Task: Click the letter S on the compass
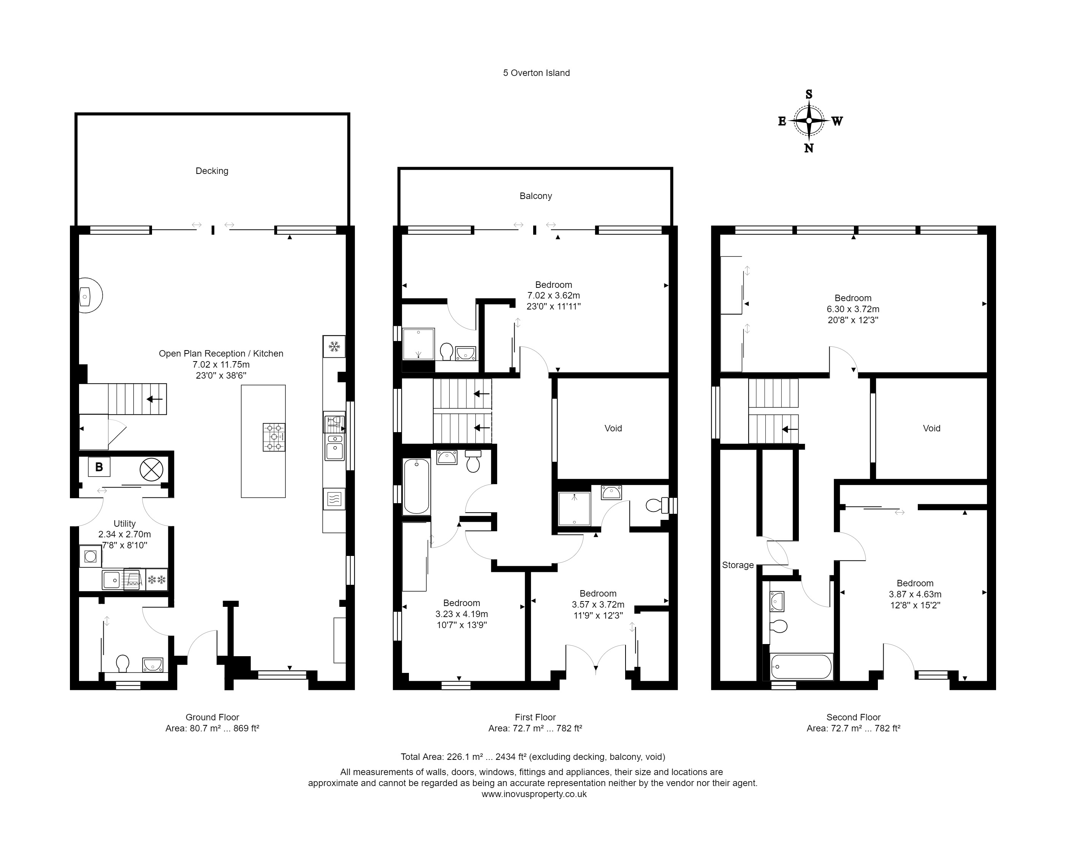(809, 95)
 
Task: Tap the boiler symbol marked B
(99, 467)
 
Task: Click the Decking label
(212, 171)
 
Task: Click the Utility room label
(125, 523)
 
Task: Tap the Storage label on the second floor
(738, 565)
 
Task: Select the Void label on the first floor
(613, 428)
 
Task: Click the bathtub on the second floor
(801, 667)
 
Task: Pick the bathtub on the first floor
(416, 486)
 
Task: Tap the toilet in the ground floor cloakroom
(122, 663)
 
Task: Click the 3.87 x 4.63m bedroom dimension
(915, 594)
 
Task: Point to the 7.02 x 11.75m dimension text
(221, 365)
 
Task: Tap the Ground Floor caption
(212, 717)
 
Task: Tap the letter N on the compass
(809, 148)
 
